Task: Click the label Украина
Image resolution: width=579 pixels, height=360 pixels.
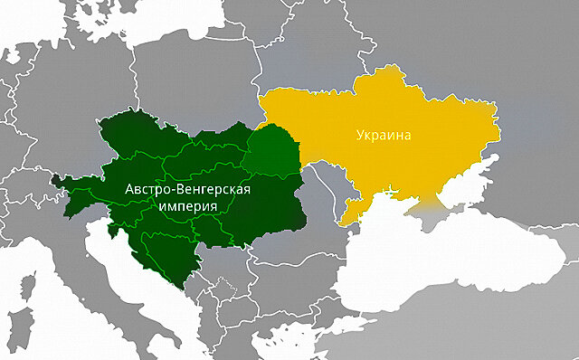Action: (383, 136)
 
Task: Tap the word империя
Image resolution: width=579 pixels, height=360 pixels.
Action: (186, 206)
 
